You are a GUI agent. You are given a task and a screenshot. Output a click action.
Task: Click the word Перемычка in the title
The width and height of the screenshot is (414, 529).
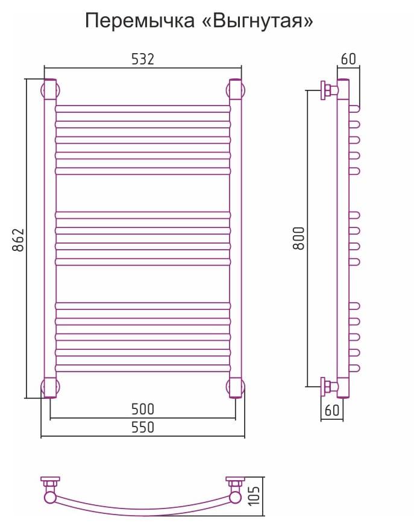tap(140, 22)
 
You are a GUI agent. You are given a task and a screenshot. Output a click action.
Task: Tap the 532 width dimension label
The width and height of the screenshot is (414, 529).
tap(143, 59)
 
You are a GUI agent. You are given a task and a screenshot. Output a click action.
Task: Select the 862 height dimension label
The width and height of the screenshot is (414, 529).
tap(19, 240)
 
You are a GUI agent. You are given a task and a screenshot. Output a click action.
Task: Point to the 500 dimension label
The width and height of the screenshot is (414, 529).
tap(143, 409)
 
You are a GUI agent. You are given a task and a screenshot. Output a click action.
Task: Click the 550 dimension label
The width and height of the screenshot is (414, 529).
tap(143, 428)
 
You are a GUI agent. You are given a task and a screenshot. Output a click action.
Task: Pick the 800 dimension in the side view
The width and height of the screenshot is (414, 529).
tap(299, 238)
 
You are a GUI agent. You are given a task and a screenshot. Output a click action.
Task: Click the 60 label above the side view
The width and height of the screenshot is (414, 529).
tap(348, 59)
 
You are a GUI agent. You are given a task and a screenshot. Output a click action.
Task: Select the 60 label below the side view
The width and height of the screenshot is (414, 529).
tap(332, 410)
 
